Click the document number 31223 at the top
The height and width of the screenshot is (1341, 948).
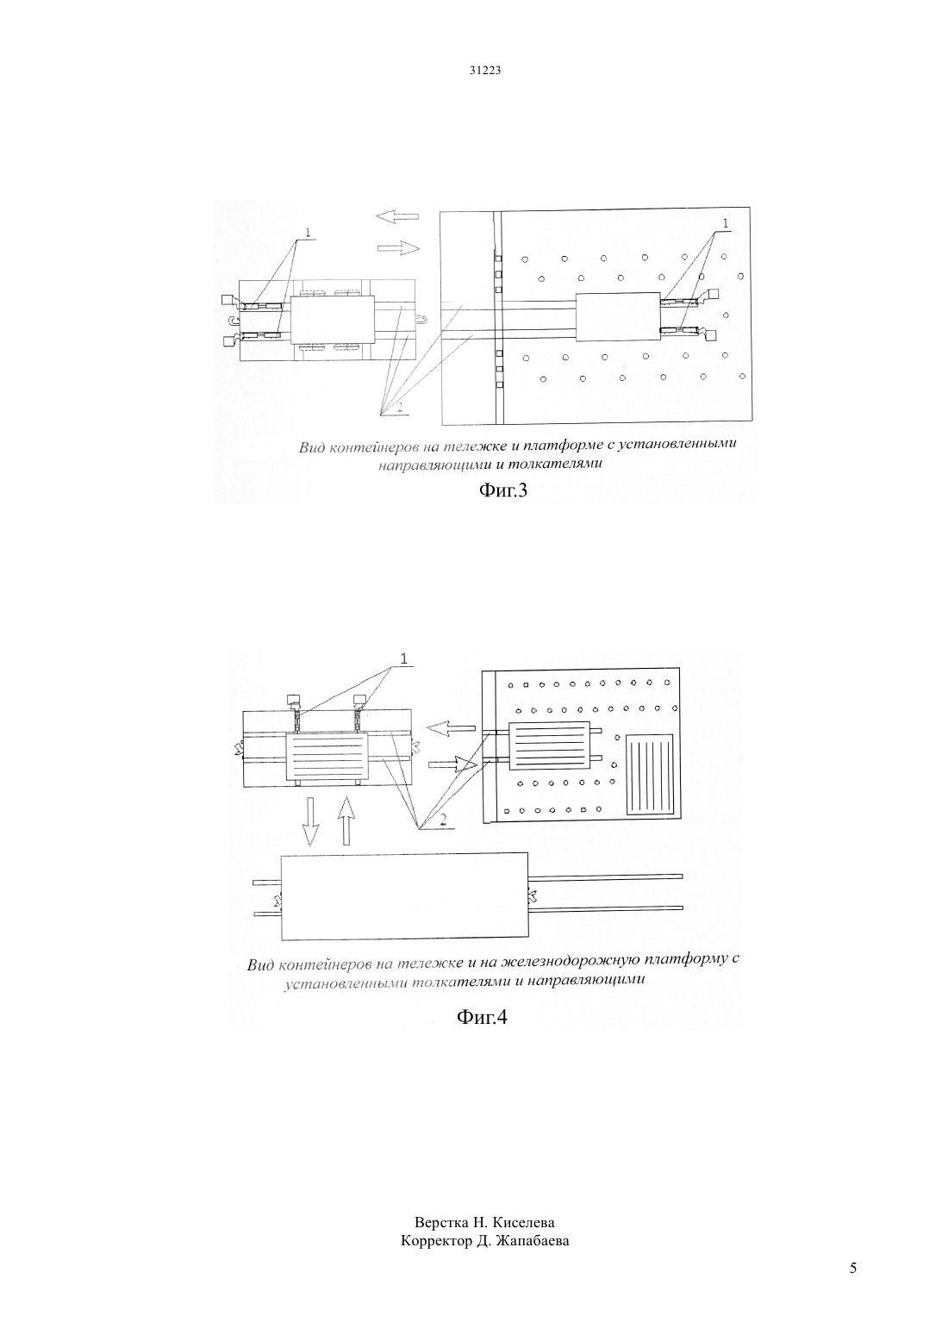click(484, 70)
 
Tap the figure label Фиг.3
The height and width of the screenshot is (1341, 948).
click(503, 491)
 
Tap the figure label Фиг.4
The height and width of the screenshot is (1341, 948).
click(482, 1017)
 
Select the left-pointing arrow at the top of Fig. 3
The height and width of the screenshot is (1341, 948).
click(397, 216)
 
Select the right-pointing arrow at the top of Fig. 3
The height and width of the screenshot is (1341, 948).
click(398, 247)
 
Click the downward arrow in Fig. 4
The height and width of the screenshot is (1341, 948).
click(310, 820)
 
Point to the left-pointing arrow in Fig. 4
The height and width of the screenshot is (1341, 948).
click(450, 729)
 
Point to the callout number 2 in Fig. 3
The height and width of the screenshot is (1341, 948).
click(401, 407)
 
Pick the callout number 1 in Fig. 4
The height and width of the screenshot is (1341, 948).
click(404, 659)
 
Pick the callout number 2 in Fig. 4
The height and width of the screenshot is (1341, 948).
click(443, 821)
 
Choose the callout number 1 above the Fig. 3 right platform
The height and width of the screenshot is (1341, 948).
click(726, 223)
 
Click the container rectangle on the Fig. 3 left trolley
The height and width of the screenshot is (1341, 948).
click(333, 320)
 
